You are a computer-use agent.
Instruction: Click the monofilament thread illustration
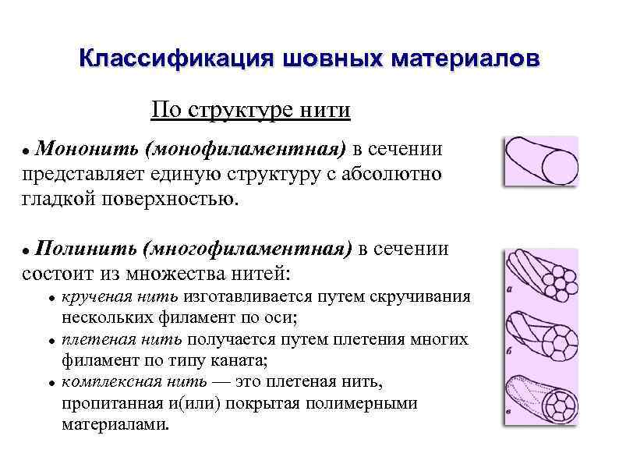point(539,162)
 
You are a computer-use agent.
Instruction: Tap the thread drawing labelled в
point(539,400)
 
